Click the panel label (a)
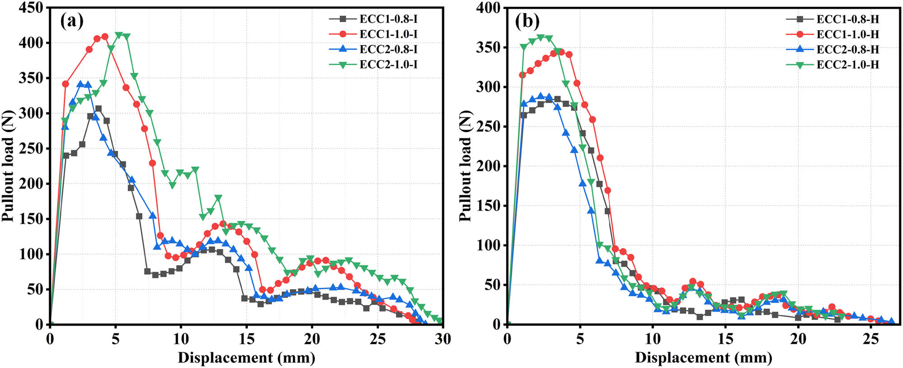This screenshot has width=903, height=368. click(72, 21)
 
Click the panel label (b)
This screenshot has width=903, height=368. click(527, 21)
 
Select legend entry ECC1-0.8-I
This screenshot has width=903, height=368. click(388, 19)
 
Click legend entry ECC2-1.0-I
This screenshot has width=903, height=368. click(388, 65)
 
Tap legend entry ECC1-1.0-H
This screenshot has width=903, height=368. click(847, 34)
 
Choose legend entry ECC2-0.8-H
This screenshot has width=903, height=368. click(847, 49)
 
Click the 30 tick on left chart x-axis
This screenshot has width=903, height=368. click(442, 339)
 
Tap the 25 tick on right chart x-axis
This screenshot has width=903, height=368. click(870, 339)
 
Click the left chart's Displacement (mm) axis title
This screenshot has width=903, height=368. click(246, 358)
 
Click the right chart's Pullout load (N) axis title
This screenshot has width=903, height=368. click(465, 166)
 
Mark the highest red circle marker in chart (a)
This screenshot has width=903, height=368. click(105, 37)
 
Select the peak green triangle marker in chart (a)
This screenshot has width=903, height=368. click(119, 35)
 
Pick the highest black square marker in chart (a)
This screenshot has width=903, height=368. click(98, 108)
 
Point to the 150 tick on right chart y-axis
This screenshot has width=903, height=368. click(488, 205)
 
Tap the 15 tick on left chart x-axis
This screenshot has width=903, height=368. click(246, 339)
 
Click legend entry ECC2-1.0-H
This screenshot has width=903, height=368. click(847, 65)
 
